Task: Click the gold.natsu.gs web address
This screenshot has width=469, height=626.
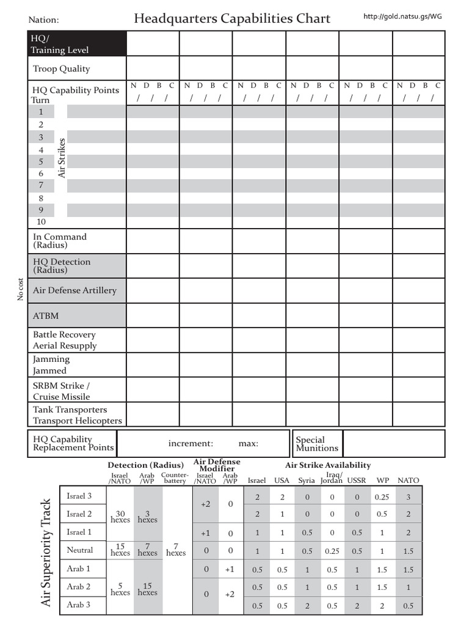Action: click(x=402, y=17)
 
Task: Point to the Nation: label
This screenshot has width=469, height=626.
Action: click(x=44, y=21)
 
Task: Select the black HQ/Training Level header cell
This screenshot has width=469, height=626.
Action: click(x=77, y=44)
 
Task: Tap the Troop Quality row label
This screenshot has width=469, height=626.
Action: click(x=61, y=69)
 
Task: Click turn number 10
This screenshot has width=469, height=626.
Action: click(x=42, y=222)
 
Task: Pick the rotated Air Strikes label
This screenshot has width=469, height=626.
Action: click(x=61, y=158)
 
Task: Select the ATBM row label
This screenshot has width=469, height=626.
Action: click(x=46, y=316)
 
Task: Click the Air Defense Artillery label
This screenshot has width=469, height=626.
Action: click(x=75, y=290)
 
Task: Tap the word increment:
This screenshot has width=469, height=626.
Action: click(x=191, y=443)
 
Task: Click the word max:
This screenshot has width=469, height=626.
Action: click(x=248, y=443)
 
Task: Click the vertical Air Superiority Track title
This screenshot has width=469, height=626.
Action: click(x=46, y=551)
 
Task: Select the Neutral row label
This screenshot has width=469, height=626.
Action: click(x=80, y=550)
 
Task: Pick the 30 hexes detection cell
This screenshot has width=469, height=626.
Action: click(x=120, y=516)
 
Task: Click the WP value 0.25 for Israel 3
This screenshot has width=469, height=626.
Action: click(x=382, y=497)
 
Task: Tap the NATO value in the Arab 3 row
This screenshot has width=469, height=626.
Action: click(x=408, y=606)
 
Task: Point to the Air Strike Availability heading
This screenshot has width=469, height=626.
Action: click(x=328, y=465)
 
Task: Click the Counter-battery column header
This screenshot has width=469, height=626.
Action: click(x=175, y=477)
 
